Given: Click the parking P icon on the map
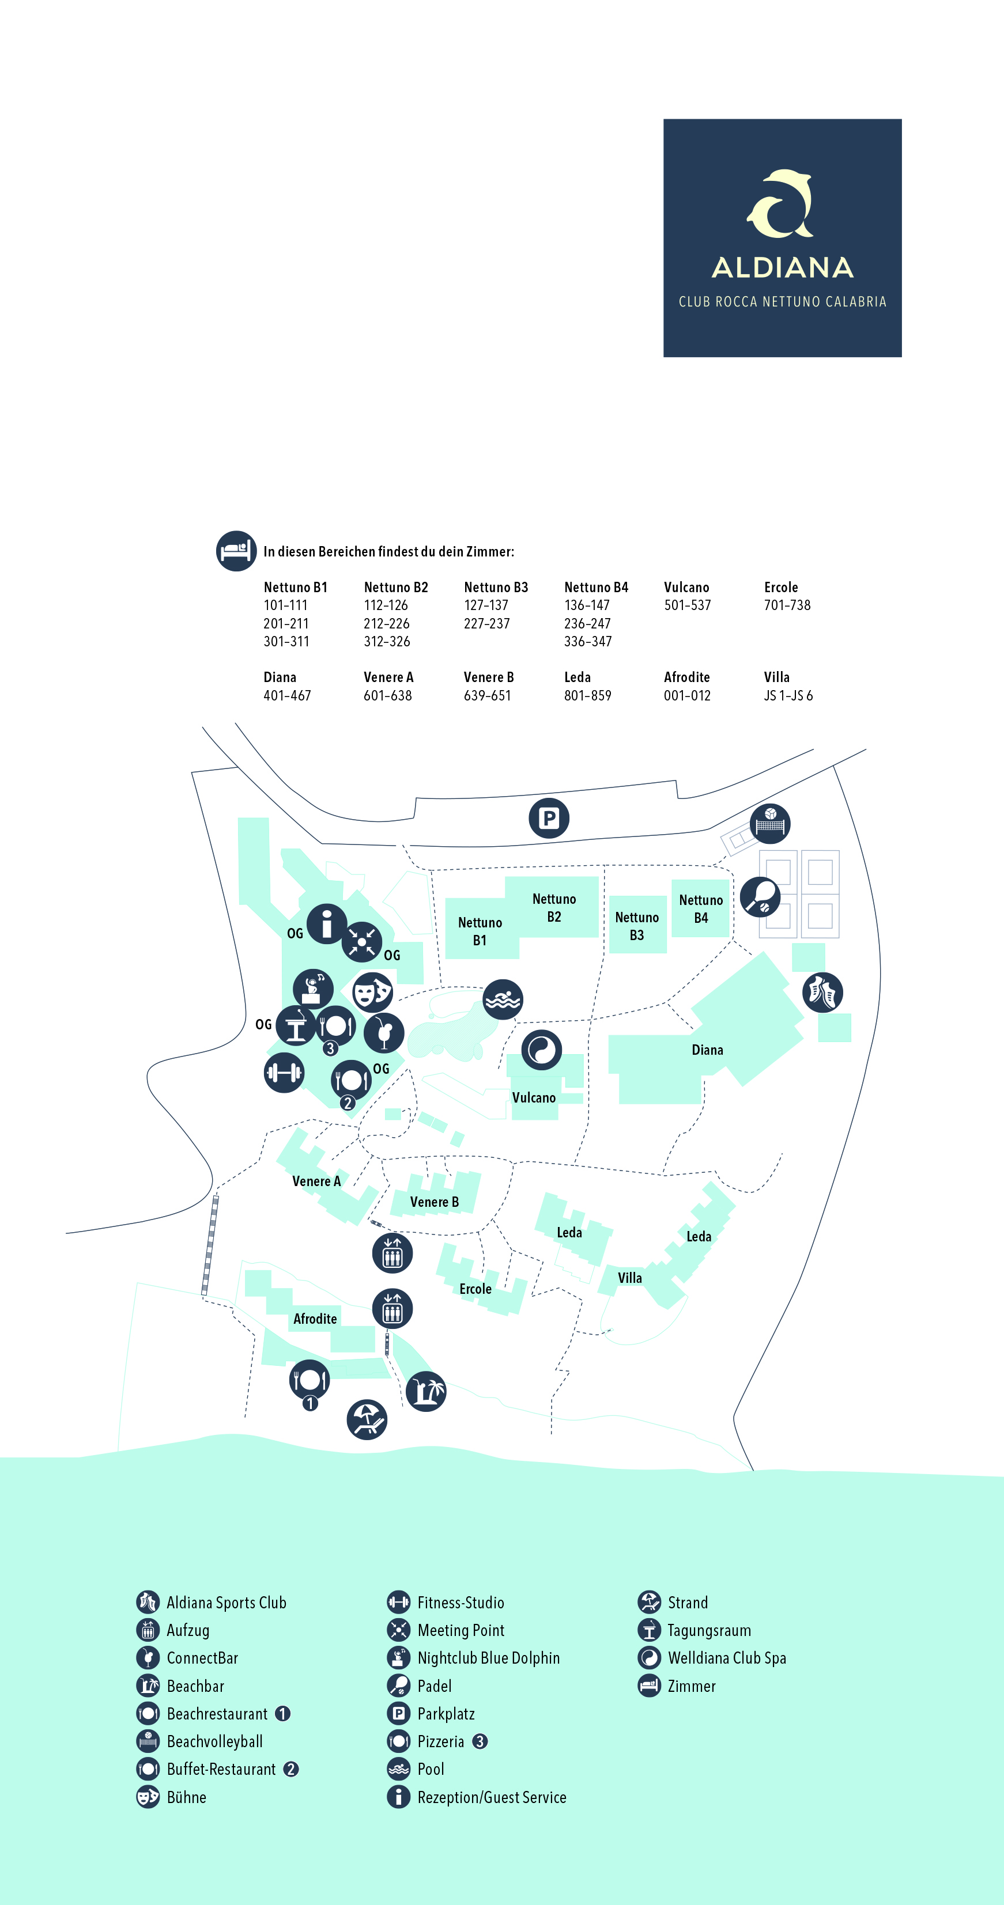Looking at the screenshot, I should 548,818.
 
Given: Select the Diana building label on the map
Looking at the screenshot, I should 707,1050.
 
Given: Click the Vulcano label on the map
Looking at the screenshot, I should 534,1097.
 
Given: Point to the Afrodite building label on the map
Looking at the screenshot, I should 315,1319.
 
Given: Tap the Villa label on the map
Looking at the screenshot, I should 629,1278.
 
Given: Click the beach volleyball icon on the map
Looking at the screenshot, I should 769,823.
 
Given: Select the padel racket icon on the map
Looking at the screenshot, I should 760,896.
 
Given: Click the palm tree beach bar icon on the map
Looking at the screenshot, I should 426,1391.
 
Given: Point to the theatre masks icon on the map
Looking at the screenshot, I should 372,992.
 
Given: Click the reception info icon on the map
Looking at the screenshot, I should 326,923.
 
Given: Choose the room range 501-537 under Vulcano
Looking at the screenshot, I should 688,605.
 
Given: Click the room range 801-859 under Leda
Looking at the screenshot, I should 587,695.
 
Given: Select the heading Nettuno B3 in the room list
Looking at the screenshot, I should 496,587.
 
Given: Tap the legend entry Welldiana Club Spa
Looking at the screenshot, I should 727,1658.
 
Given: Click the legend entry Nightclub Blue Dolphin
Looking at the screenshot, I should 488,1658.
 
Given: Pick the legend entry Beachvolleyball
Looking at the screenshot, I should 214,1741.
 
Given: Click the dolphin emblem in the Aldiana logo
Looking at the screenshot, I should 780,203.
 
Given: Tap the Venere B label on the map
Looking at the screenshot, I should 435,1202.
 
